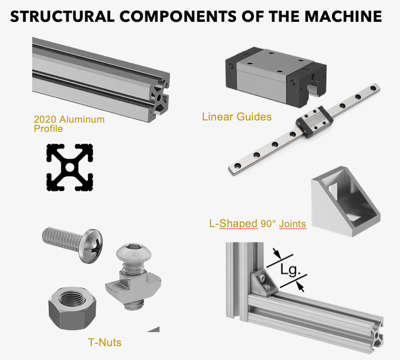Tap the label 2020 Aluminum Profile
click(x=69, y=124)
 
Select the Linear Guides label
click(x=236, y=117)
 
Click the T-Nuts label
click(x=104, y=342)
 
